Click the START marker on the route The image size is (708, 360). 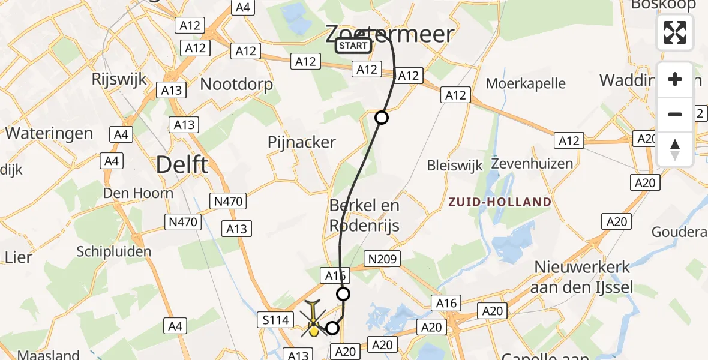pos(353,46)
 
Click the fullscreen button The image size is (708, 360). pos(675,32)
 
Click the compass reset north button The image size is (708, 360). pos(675,150)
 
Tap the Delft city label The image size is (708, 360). pos(182,164)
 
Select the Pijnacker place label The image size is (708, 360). pos(302,142)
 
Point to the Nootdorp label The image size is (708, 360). pos(236,84)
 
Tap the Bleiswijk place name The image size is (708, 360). pos(455,166)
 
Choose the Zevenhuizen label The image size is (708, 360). pos(532,163)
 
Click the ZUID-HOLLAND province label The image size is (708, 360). pos(499,202)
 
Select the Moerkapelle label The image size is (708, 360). pos(526,83)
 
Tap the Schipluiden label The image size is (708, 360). pos(114,251)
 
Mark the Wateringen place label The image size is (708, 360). pos(49,133)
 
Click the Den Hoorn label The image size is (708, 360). pos(138,193)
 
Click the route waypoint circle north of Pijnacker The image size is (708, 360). pos(382,118)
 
